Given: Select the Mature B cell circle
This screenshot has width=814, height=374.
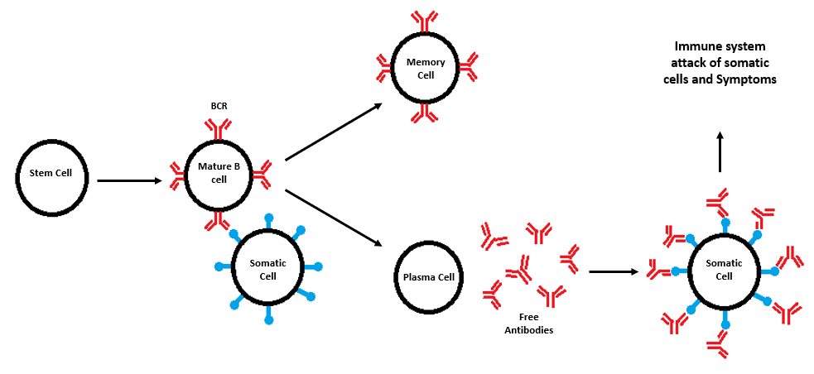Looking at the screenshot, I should [219, 174].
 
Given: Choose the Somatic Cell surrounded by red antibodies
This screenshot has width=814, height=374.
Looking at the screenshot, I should [725, 269].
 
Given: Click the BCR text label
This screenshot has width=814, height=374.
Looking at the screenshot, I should [219, 107].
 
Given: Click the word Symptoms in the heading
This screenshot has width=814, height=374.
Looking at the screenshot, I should [749, 80].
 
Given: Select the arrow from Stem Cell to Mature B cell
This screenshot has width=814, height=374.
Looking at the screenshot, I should [129, 179].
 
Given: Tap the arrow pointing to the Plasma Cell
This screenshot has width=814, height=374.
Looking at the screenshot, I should [334, 218].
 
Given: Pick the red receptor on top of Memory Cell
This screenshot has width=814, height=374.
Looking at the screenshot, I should [426, 19].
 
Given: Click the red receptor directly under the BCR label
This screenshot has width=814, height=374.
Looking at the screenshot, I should [219, 129].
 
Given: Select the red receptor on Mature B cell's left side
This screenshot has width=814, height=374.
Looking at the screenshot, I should [176, 174].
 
